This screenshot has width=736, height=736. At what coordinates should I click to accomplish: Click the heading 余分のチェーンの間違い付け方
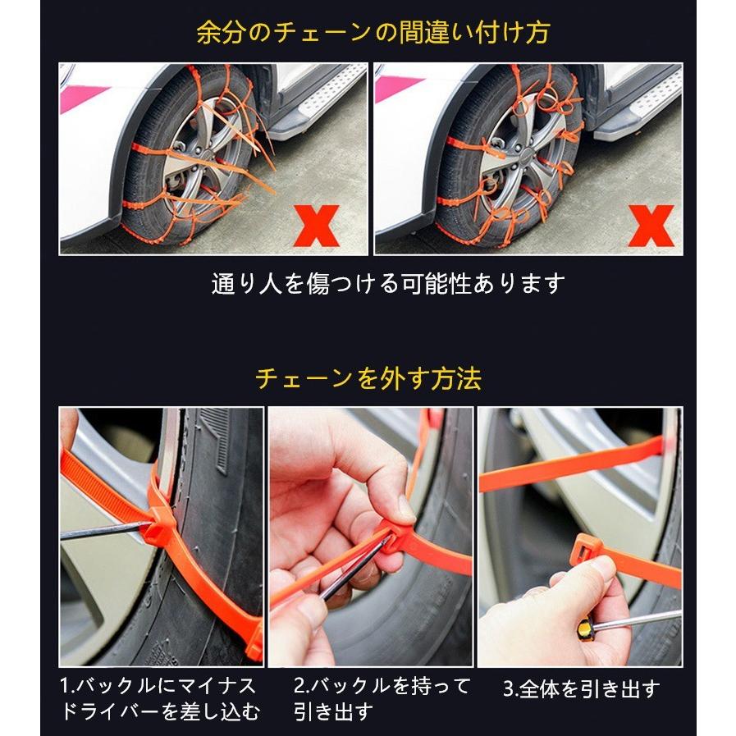(x=373, y=33)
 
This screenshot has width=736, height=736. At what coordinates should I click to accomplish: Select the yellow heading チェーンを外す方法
(x=368, y=378)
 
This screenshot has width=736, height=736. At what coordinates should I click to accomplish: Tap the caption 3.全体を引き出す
(x=580, y=688)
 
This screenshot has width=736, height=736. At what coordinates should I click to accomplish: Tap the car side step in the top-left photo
(x=328, y=98)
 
